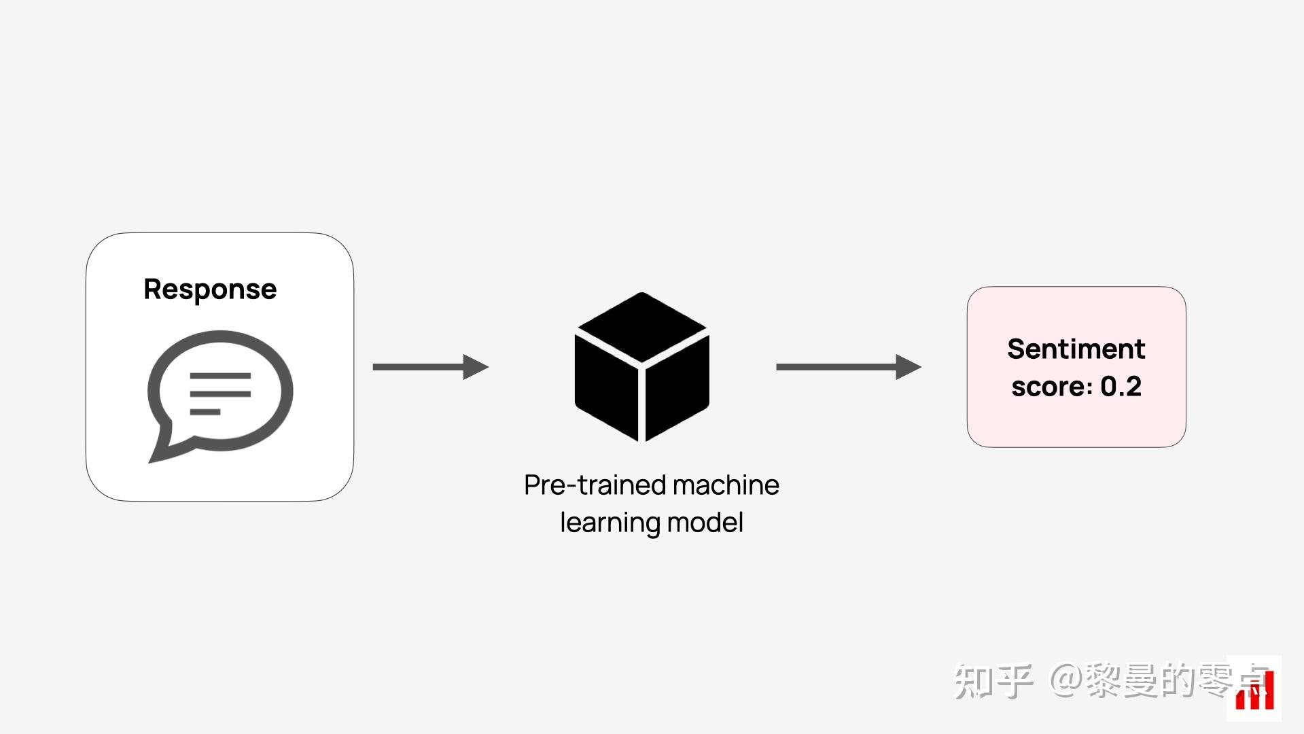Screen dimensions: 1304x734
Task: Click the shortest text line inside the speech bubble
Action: coord(205,412)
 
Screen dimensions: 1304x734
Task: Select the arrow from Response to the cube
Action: coord(431,367)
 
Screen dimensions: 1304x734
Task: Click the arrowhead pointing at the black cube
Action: coord(476,367)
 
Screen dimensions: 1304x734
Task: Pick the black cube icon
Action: coord(642,367)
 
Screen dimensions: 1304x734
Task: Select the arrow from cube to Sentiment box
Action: coord(849,367)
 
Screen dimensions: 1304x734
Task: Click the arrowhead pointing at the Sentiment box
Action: coord(909,367)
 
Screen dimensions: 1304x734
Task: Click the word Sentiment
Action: coord(1076,349)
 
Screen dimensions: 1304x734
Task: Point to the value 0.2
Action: coord(1121,386)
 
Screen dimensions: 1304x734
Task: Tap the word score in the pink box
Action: coord(1049,387)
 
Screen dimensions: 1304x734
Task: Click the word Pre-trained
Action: coord(595,485)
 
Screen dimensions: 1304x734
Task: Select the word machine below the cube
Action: coord(726,485)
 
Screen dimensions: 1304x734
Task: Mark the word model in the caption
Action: coord(705,523)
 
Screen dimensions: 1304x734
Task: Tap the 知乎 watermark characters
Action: coord(993,681)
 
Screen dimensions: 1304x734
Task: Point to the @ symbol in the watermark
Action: coord(1066,680)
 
